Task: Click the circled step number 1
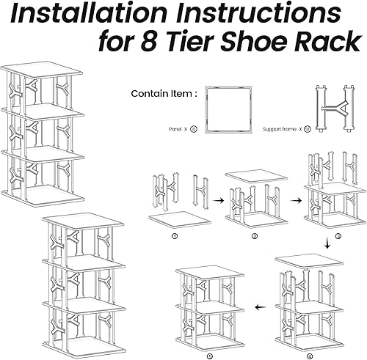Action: click(x=174, y=237)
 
